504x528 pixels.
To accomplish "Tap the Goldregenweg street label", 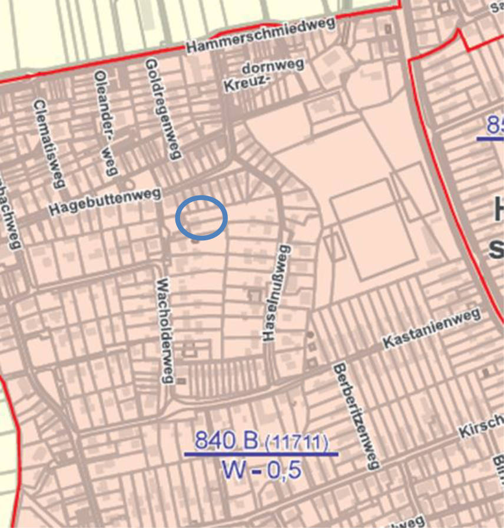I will pyautogui.click(x=161, y=109).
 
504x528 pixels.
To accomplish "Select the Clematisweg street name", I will pyautogui.click(x=48, y=143).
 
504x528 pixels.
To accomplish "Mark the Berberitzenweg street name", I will pyautogui.click(x=355, y=416).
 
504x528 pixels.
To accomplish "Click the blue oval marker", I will pyautogui.click(x=202, y=218).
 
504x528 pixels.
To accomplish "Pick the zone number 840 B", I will pyautogui.click(x=227, y=440).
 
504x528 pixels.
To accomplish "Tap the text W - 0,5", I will pyautogui.click(x=261, y=470).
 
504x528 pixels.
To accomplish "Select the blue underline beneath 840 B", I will pyautogui.click(x=261, y=454).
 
